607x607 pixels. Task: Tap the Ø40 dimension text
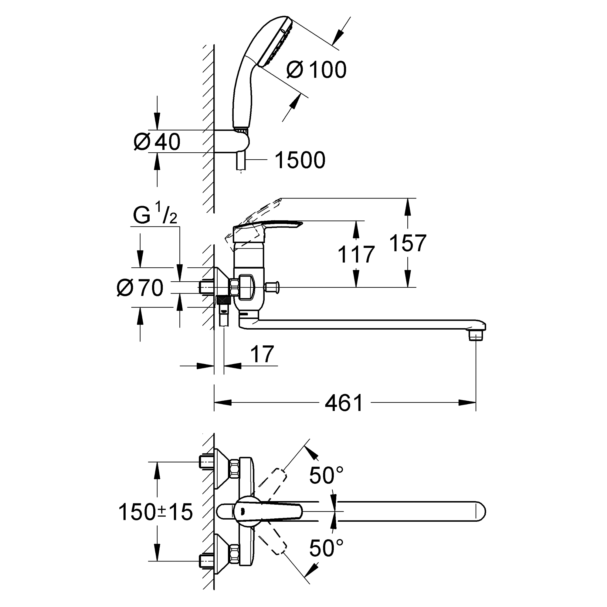[x=157, y=142]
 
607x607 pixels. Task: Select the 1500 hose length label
[x=300, y=160]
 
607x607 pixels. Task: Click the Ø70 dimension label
[x=140, y=287]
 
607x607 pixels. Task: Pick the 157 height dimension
[x=408, y=243]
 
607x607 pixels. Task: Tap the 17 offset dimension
[x=262, y=354]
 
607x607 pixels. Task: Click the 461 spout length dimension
[x=344, y=403]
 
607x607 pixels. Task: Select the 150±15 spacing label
[x=155, y=512]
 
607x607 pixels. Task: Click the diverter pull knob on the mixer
[x=272, y=287]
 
